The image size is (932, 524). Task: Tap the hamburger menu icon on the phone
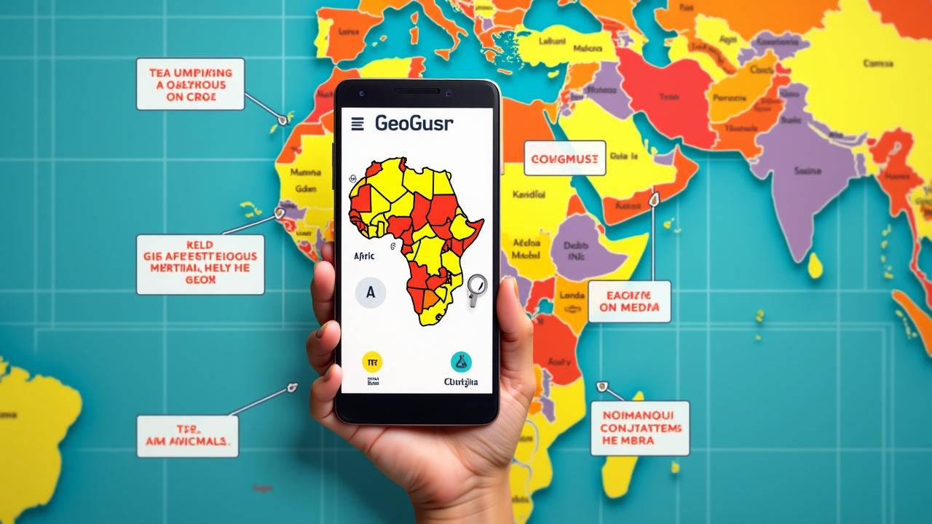(357, 124)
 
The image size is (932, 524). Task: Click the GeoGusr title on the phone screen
(414, 123)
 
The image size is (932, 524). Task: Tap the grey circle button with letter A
(371, 293)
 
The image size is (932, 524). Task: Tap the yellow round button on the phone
(372, 362)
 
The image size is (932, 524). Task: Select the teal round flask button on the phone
(461, 361)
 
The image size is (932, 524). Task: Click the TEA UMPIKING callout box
(190, 84)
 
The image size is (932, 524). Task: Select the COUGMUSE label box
(564, 158)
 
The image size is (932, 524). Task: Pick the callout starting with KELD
(200, 264)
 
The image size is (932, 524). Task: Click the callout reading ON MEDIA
(628, 301)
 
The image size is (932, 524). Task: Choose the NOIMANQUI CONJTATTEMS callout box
(640, 427)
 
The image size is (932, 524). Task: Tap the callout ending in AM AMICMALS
(187, 436)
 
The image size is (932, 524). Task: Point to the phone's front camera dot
(360, 92)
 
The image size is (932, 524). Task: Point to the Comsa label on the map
(878, 63)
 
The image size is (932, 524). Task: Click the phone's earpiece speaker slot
(417, 92)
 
